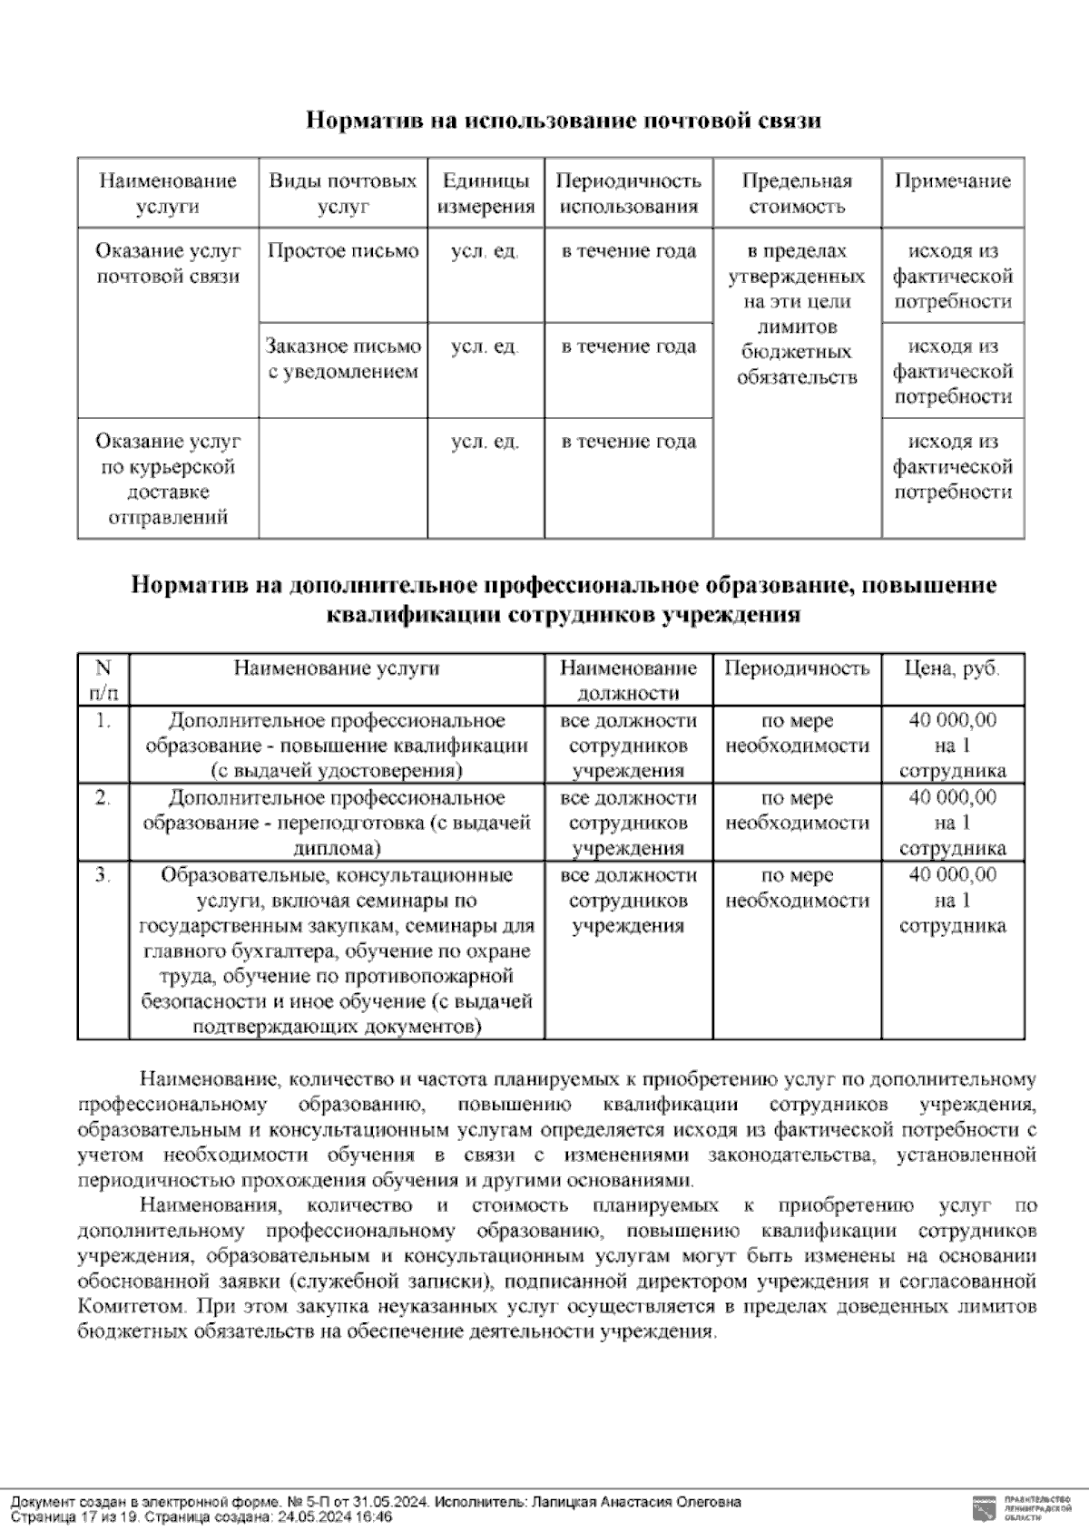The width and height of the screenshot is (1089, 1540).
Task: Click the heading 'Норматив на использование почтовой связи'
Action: [x=563, y=121]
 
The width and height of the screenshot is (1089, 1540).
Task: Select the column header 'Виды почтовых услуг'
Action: [x=343, y=193]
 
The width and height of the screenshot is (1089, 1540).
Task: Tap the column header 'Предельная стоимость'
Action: [x=797, y=193]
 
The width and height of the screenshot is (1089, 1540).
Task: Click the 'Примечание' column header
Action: [x=952, y=180]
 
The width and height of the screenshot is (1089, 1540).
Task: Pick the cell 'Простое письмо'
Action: [x=343, y=251]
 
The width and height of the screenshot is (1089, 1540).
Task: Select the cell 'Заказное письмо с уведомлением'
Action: [x=343, y=358]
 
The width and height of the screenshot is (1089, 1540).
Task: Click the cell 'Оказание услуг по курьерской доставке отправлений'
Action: [x=168, y=479]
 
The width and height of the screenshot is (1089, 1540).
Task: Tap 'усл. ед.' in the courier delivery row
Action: [x=485, y=442]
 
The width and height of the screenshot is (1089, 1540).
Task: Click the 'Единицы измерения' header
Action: [x=486, y=193]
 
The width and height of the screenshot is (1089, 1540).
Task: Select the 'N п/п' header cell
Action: [x=103, y=680]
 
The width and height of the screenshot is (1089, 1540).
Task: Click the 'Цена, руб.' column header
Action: [x=952, y=668]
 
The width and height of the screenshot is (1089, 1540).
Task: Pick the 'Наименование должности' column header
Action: [x=628, y=680]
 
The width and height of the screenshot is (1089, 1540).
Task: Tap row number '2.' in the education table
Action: [x=103, y=798]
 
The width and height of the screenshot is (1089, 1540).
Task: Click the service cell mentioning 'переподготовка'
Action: [x=337, y=823]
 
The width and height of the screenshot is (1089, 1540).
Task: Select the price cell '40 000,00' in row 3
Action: [x=952, y=875]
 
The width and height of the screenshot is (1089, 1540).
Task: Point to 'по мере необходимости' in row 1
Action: [x=797, y=733]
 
